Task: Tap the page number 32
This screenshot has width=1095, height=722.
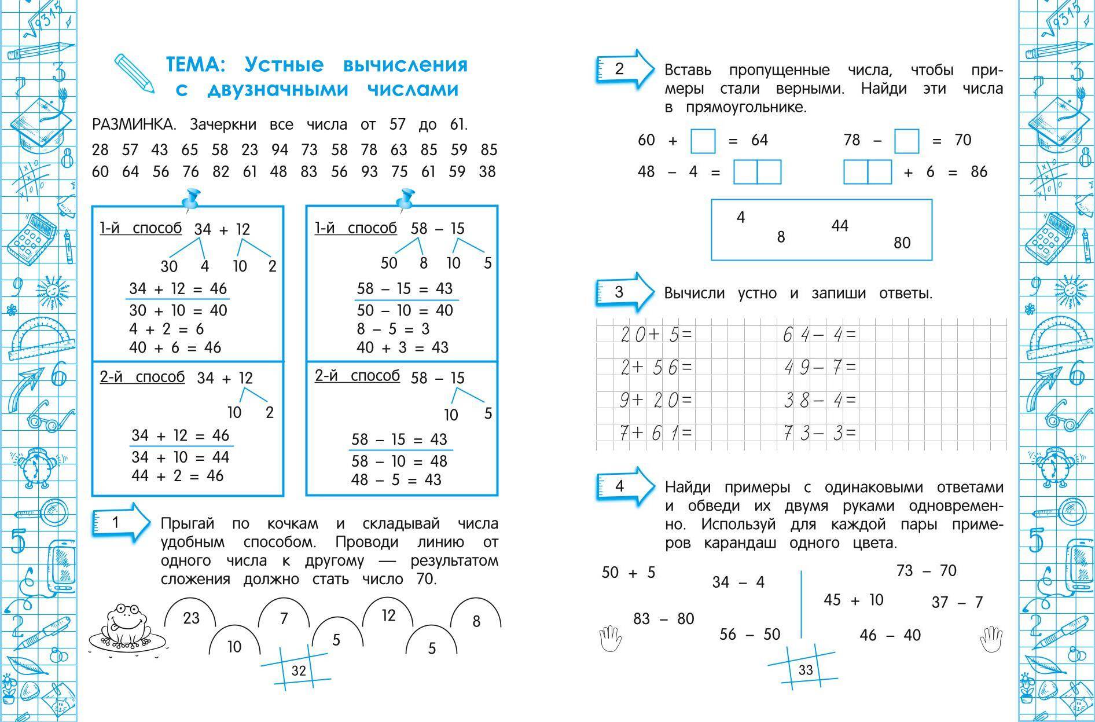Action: [x=299, y=670]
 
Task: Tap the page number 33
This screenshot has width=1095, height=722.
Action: [x=806, y=670]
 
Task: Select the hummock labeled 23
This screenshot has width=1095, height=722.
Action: [x=191, y=618]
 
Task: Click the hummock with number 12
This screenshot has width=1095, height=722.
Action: [x=388, y=615]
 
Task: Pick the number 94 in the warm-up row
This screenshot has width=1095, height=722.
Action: [x=280, y=150]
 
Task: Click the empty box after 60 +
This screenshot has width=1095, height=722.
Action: [x=703, y=141]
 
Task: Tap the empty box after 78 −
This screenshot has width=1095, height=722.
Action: [x=906, y=141]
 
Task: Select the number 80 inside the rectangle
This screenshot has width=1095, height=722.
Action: [x=902, y=243]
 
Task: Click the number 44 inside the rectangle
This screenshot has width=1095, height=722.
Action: [x=839, y=226]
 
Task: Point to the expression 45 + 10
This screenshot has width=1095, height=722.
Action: [x=854, y=600]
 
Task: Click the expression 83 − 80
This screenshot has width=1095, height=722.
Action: [x=663, y=619]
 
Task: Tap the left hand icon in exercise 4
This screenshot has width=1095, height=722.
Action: [x=610, y=638]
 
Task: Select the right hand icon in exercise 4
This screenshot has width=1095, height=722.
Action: [x=990, y=638]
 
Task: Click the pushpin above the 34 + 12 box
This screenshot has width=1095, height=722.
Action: [x=190, y=199]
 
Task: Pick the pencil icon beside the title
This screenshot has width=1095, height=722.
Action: [x=134, y=73]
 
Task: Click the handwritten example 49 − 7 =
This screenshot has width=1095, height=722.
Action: [x=820, y=367]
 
